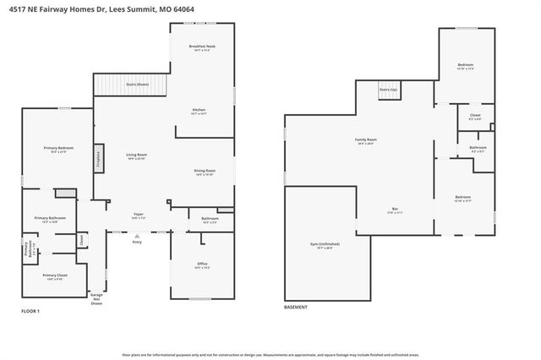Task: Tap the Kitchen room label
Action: (x=199, y=110)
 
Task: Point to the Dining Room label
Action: (x=205, y=172)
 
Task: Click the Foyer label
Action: (x=138, y=215)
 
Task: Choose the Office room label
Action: (x=202, y=265)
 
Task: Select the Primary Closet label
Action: (x=55, y=274)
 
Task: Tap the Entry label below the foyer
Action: (x=137, y=243)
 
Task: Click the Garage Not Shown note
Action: (x=97, y=299)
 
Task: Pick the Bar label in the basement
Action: (x=393, y=210)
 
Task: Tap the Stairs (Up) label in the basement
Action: (x=388, y=88)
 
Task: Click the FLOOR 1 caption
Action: (x=30, y=312)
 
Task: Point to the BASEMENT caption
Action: (x=296, y=307)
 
